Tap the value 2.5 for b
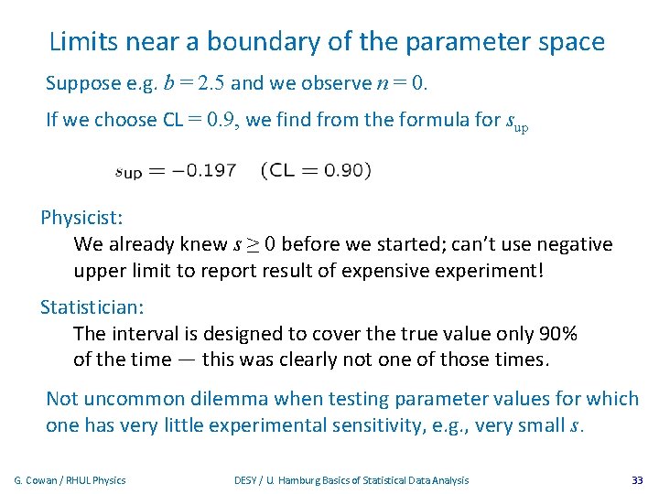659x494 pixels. pyautogui.click(x=211, y=84)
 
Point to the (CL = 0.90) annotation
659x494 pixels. pyautogui.click(x=317, y=170)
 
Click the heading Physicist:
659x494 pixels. pyautogui.click(x=81, y=219)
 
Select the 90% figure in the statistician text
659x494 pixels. pyautogui.click(x=557, y=334)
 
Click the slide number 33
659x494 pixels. pyautogui.click(x=637, y=480)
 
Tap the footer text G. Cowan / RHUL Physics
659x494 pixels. pyautogui.click(x=70, y=480)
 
